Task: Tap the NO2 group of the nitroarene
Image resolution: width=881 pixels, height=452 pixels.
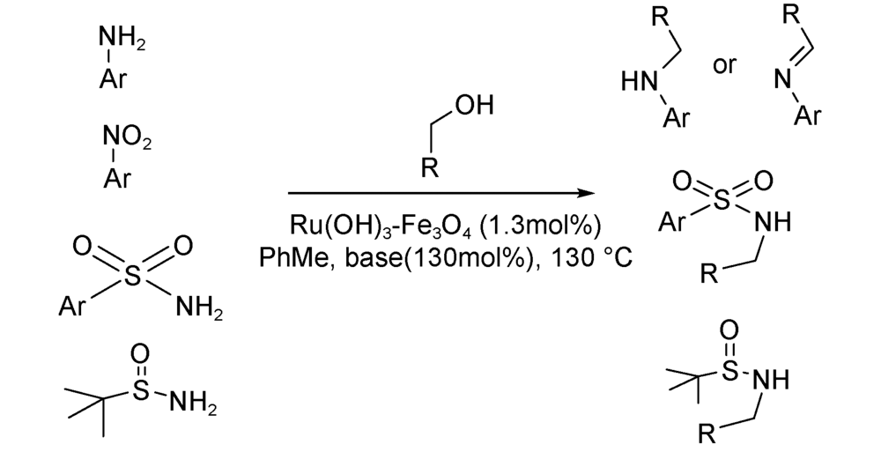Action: pyautogui.click(x=126, y=138)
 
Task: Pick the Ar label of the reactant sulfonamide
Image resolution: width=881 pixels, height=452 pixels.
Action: pyautogui.click(x=70, y=307)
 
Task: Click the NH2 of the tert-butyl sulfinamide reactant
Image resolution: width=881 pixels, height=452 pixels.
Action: pyautogui.click(x=191, y=403)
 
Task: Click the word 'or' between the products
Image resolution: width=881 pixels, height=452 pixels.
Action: pyautogui.click(x=724, y=66)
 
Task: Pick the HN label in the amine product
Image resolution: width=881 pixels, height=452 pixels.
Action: pyautogui.click(x=640, y=83)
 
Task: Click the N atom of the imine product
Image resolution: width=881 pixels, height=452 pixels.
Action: pyautogui.click(x=781, y=82)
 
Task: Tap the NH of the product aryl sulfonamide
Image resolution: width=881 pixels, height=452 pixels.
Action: pyautogui.click(x=773, y=223)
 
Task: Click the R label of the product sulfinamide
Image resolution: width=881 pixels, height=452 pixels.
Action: pyautogui.click(x=708, y=434)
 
